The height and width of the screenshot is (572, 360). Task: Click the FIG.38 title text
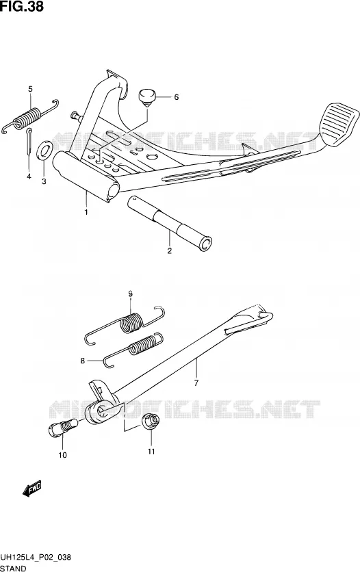point(22,7)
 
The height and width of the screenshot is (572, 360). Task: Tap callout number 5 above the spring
point(30,89)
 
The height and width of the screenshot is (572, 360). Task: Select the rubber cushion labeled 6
point(147,98)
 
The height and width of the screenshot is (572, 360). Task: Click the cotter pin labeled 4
point(29,142)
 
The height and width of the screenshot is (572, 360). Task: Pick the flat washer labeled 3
point(45,149)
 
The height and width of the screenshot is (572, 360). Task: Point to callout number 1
point(86,212)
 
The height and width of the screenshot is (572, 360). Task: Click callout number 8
point(83,361)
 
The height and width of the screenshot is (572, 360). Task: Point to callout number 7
point(196,383)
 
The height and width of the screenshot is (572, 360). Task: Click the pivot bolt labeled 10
point(63,427)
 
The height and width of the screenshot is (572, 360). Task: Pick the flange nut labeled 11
point(151,421)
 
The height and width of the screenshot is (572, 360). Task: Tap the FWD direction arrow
point(31,489)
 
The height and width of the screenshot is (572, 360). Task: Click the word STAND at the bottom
point(14,568)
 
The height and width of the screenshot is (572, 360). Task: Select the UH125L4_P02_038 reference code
point(36,558)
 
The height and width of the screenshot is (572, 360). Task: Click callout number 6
point(176,97)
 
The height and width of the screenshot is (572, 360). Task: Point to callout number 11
point(151,452)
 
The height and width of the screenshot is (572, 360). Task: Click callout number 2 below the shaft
point(170,251)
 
